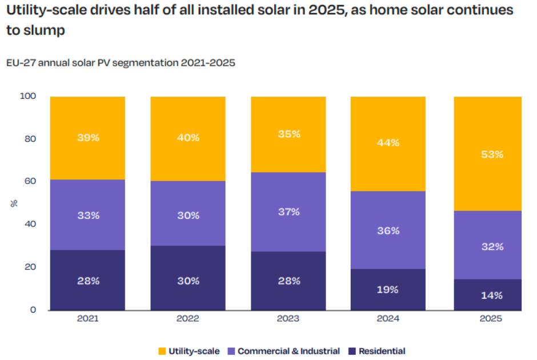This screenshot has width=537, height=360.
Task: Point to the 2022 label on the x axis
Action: click(x=188, y=319)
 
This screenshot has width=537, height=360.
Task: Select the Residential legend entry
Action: click(x=382, y=351)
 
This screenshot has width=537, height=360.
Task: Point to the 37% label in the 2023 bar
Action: click(x=288, y=212)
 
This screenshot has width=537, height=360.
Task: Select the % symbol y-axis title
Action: click(x=13, y=203)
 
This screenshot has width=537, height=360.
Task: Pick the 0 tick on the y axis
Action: click(x=33, y=310)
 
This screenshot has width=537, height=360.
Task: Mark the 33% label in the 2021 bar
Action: click(x=87, y=215)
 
